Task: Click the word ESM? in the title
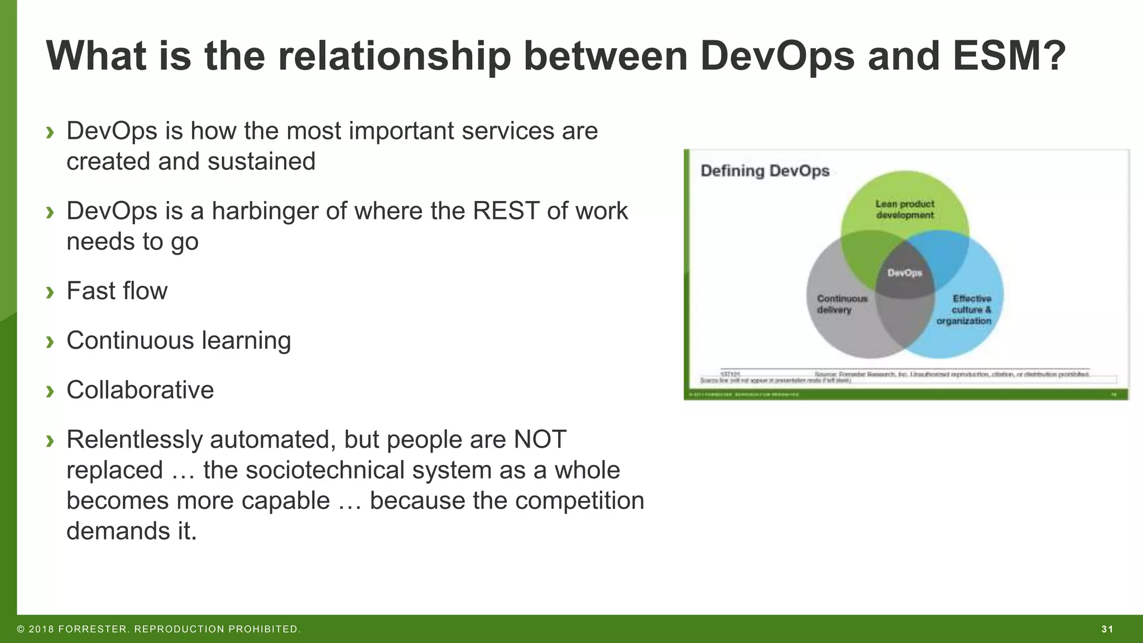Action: click(1009, 56)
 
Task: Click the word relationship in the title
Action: click(393, 56)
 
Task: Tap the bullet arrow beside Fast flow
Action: click(50, 292)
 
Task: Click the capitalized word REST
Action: click(506, 211)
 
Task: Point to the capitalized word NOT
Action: click(540, 439)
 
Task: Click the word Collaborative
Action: click(140, 390)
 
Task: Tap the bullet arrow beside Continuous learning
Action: click(50, 342)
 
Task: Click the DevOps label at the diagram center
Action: click(905, 273)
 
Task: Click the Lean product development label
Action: click(905, 209)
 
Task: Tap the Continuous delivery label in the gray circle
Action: click(842, 304)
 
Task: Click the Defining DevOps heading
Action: click(765, 171)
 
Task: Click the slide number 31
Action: click(1107, 629)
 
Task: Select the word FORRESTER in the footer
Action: click(93, 629)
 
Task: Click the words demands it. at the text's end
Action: click(132, 531)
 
